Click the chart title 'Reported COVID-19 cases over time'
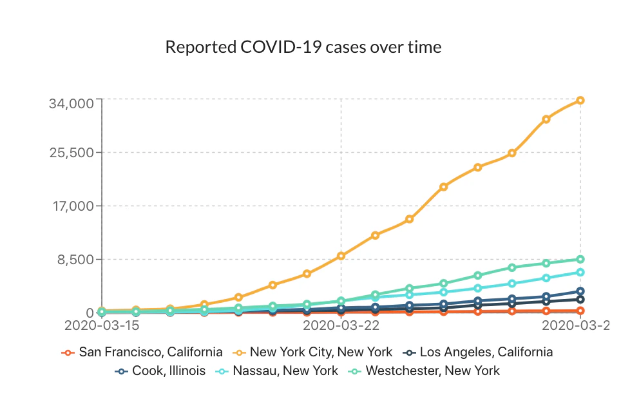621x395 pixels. pos(303,47)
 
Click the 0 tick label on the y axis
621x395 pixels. pos(91,313)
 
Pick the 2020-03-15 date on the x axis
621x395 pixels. pos(102,326)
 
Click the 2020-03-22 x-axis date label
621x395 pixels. pos(340,326)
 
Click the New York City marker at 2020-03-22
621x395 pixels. pos(341,256)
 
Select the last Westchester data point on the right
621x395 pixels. pos(580,260)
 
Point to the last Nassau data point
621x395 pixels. pos(580,273)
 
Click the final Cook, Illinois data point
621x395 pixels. pos(580,291)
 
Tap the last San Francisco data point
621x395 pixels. pos(580,311)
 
